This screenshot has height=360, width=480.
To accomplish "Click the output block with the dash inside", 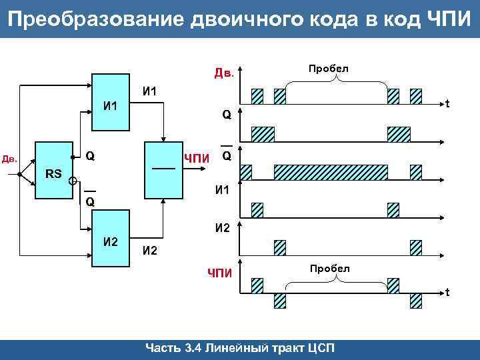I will tap(164, 170).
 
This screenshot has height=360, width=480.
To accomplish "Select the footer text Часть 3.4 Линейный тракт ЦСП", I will tap(240, 349).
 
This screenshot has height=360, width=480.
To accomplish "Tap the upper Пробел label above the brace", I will tap(328, 69).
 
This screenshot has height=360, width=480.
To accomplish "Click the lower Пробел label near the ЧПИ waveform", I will tap(328, 268).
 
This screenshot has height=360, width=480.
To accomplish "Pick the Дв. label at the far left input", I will tap(9, 159).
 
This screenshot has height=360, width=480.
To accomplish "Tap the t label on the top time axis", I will tap(447, 104).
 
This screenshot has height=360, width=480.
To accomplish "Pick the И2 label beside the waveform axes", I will tap(223, 228).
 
